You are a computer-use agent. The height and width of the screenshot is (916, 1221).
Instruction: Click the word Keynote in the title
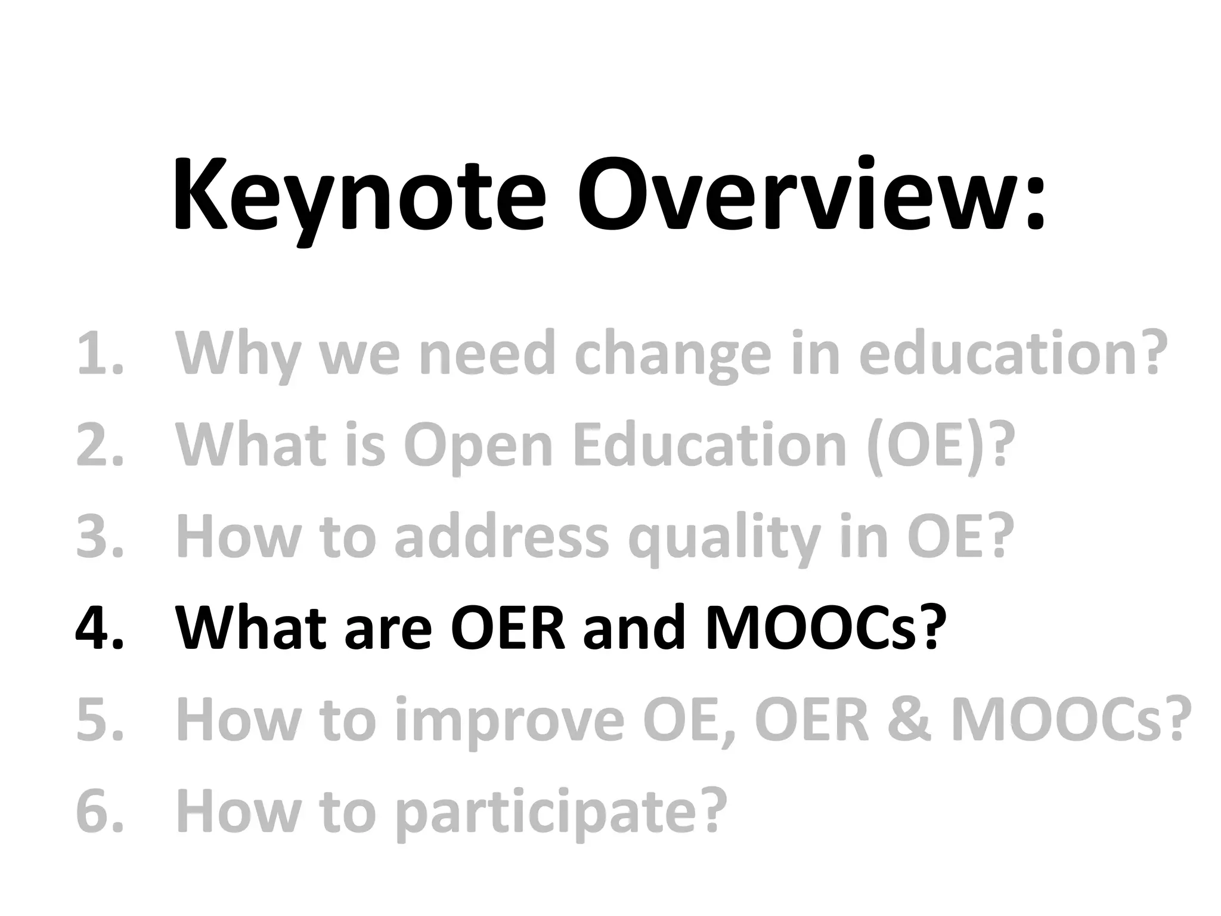(358, 197)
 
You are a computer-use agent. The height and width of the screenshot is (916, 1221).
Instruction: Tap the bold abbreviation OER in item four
(507, 627)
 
